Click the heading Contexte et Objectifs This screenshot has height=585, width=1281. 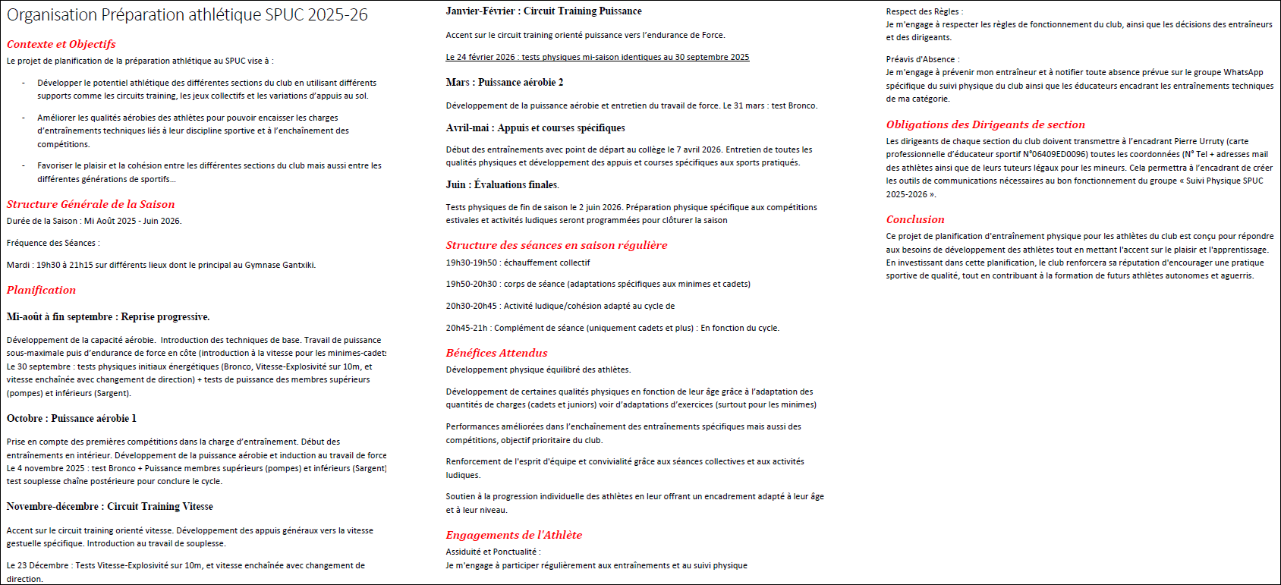click(61, 44)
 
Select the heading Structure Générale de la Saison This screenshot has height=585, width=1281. click(90, 204)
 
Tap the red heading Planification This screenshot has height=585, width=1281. click(41, 290)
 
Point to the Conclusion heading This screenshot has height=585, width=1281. click(915, 219)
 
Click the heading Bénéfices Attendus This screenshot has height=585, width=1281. click(496, 353)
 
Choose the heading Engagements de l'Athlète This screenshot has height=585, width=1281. click(514, 535)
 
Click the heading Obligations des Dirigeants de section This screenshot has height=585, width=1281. click(985, 124)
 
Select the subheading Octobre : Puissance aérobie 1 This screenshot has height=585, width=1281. click(71, 418)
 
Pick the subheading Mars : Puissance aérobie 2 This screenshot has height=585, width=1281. click(505, 82)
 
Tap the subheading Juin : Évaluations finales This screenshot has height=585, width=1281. click(502, 184)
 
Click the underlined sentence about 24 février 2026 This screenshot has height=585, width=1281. click(597, 57)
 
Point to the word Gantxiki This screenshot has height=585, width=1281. click(297, 265)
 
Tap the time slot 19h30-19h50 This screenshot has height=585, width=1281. click(471, 263)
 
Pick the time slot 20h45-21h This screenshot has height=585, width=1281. click(467, 328)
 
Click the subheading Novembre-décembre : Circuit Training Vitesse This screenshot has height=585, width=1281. click(109, 506)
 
